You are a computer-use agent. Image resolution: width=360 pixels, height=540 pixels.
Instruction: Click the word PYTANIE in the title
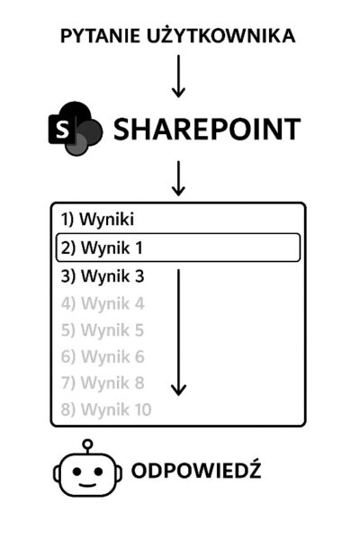[100, 36]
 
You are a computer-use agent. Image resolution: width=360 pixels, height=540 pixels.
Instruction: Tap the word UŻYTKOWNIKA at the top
[220, 35]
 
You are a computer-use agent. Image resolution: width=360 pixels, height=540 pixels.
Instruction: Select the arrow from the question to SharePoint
[178, 76]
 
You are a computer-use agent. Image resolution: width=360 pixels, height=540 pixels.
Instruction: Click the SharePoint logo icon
[76, 128]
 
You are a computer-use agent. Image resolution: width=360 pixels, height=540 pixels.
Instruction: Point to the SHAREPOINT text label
[207, 129]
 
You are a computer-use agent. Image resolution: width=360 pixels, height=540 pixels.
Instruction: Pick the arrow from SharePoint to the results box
[178, 178]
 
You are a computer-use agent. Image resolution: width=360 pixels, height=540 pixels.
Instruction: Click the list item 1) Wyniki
[97, 220]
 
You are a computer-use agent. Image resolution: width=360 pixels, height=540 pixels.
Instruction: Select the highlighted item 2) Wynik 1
[178, 247]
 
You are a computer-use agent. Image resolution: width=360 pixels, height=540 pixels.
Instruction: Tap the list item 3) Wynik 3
[103, 276]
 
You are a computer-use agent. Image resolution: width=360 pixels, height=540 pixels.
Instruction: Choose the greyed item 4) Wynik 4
[103, 303]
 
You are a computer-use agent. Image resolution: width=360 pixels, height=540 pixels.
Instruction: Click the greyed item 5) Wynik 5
[103, 330]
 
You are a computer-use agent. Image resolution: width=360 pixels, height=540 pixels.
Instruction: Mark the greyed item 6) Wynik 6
[103, 356]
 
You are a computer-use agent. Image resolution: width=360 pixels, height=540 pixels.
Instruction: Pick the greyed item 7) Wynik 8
[103, 383]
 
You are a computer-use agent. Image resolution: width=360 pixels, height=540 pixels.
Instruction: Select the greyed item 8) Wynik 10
[106, 409]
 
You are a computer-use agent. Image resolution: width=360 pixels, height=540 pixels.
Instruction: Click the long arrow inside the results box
[178, 332]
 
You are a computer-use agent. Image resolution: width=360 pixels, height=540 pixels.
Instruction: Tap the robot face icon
[87, 468]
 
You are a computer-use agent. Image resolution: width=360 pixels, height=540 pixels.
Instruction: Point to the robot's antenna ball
[88, 444]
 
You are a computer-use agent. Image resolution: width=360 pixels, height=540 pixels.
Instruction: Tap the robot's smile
[87, 485]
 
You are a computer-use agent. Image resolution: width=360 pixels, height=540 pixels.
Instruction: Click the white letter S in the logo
[62, 130]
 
